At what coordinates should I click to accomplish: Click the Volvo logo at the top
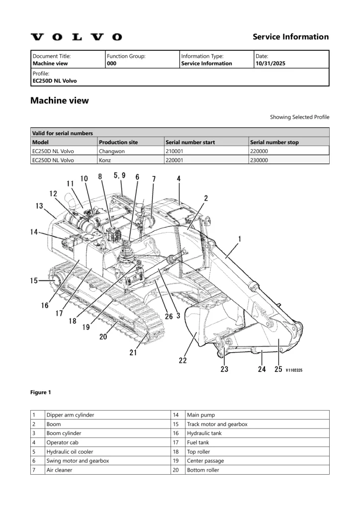76,37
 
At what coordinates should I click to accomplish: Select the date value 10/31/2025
270,64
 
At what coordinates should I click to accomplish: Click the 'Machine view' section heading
60,100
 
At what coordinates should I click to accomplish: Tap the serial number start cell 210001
176,151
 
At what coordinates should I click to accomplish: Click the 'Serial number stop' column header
274,142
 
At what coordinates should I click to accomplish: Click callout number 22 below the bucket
183,360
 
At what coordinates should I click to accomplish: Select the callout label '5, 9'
119,175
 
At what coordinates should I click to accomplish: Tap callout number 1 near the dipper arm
240,239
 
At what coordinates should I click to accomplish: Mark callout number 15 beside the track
34,281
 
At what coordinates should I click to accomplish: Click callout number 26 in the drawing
169,316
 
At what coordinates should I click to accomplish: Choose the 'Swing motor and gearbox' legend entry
78,461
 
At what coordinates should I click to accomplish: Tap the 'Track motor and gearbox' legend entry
217,424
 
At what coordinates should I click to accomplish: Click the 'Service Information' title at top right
290,37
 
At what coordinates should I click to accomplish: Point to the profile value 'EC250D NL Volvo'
54,81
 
